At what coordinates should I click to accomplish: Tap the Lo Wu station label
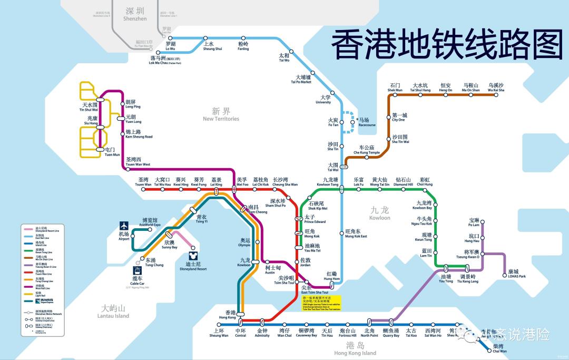170,46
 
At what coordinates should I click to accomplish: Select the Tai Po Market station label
301,80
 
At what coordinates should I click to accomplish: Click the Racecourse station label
367,122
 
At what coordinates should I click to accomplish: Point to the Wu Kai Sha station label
496,88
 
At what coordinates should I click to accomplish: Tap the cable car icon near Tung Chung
138,270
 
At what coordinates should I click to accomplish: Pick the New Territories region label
221,114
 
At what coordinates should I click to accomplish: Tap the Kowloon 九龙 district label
379,213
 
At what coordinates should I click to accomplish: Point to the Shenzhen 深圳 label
135,14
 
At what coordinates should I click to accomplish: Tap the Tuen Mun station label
111,152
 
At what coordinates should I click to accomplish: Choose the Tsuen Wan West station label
138,162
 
